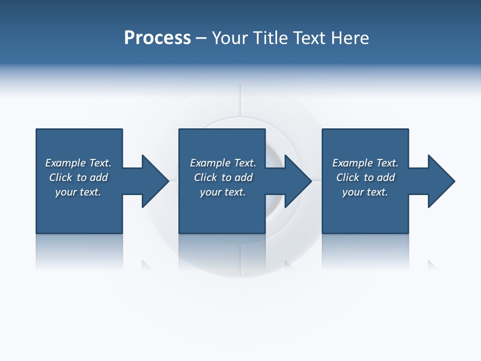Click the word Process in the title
pos(157,38)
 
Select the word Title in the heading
pos(273,38)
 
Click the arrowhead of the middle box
pos(298,181)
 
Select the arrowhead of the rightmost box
pos(440,181)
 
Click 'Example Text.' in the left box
pos(78,163)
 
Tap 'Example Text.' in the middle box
pos(223,163)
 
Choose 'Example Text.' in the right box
pos(365,163)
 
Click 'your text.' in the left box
pos(78,192)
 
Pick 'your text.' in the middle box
pos(223,192)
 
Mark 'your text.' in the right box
pos(365,192)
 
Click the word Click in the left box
pos(61,177)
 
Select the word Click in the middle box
pos(205,177)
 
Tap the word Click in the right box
pos(348,177)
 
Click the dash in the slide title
pos(201,38)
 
